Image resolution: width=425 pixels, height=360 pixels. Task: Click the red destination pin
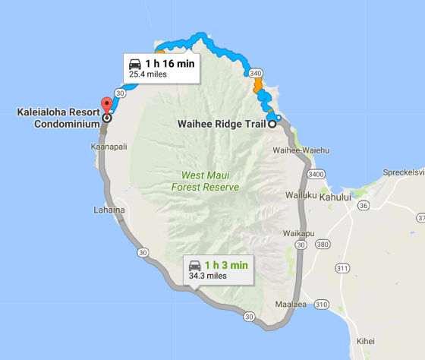[x=106, y=106]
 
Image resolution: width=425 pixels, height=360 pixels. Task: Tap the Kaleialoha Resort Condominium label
[x=58, y=118]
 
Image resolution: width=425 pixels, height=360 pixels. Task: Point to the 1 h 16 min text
[x=170, y=64]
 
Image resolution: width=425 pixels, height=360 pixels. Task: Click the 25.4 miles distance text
[x=149, y=74]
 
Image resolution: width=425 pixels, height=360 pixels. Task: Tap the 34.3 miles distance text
[x=207, y=276]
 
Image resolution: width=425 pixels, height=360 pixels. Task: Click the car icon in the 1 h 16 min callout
[x=135, y=64]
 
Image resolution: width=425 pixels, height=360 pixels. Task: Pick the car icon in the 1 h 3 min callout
[x=194, y=265]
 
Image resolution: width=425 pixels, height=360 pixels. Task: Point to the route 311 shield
[x=343, y=268]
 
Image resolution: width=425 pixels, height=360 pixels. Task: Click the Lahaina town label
[x=108, y=210]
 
